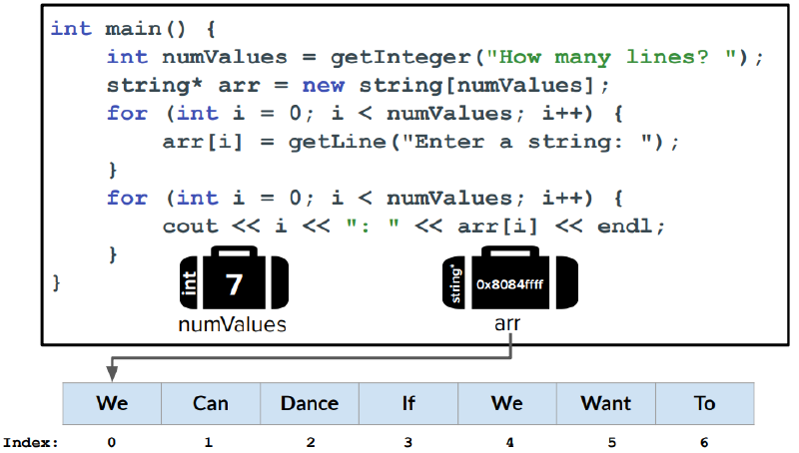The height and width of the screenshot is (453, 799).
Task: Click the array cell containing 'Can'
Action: click(x=211, y=404)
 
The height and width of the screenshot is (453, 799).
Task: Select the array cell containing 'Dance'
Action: click(x=310, y=404)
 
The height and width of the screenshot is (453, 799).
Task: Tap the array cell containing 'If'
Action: click(x=408, y=404)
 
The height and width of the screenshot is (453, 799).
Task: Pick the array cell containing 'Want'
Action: click(x=606, y=404)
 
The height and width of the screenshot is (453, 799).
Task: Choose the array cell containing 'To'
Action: click(x=705, y=404)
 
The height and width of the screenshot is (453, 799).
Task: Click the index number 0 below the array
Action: click(x=112, y=443)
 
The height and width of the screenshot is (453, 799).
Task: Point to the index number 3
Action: click(x=408, y=443)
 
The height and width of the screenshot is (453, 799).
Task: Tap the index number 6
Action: click(x=704, y=443)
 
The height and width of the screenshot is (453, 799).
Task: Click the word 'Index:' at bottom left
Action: click(x=31, y=443)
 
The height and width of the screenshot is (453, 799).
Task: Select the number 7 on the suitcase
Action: click(x=234, y=284)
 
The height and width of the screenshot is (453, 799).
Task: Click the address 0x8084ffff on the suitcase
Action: click(x=509, y=284)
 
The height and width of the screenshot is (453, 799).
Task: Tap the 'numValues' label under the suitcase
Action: click(x=233, y=324)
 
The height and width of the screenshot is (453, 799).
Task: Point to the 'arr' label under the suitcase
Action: click(x=507, y=323)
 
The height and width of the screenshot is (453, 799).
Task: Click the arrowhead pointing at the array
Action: click(x=112, y=374)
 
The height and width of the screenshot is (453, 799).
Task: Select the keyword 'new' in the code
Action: click(x=323, y=85)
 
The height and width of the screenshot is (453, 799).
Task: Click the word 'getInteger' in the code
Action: click(x=400, y=57)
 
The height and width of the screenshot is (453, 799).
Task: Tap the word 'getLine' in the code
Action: click(x=338, y=142)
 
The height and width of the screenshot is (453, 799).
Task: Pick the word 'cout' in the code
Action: click(x=190, y=226)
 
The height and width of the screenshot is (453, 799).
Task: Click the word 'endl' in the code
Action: click(x=625, y=226)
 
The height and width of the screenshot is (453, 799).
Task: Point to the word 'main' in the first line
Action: click(x=134, y=29)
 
